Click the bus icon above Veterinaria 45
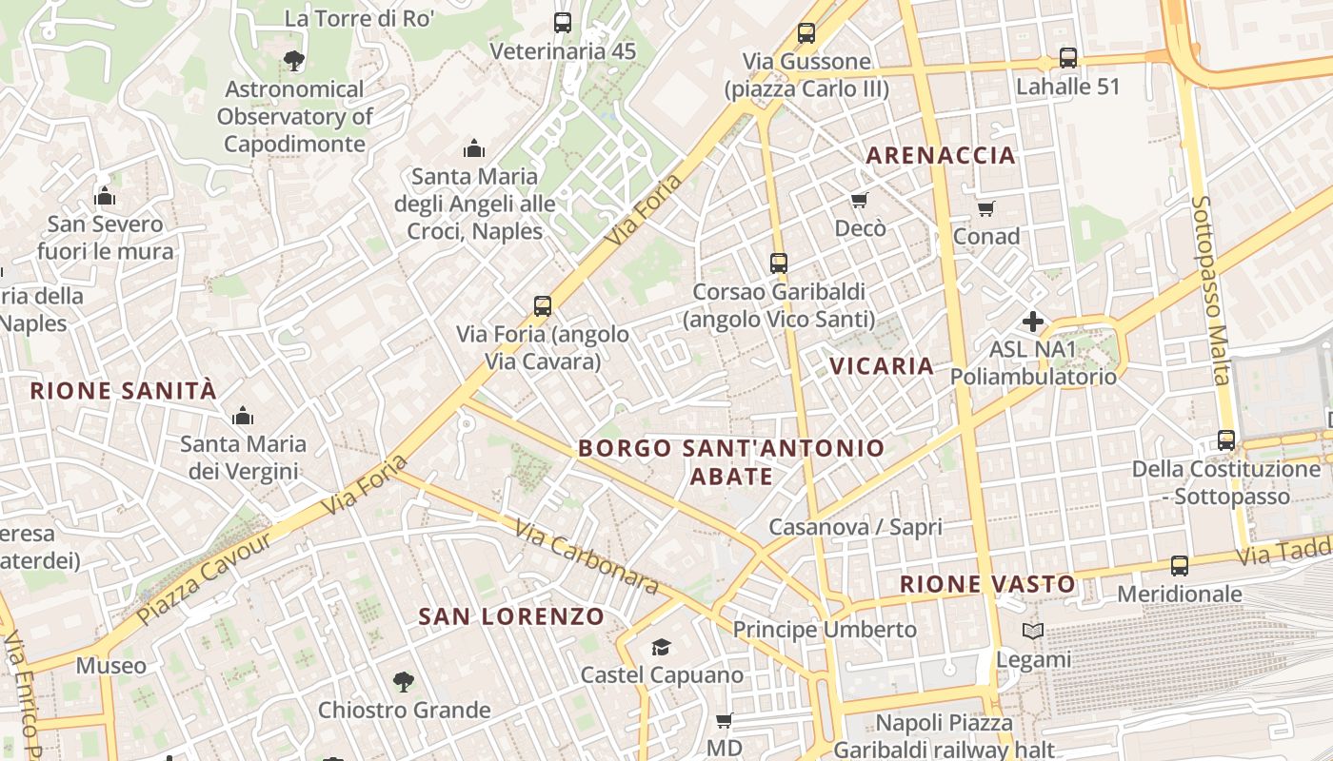[563, 23]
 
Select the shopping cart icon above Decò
[860, 201]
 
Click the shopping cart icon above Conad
[985, 208]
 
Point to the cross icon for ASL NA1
[1033, 322]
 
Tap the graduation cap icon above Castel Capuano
[660, 648]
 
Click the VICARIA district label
[882, 366]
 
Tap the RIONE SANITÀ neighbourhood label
[124, 391]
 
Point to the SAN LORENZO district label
[511, 616]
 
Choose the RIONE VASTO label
[987, 584]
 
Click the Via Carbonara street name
[587, 557]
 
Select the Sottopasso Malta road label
[1211, 290]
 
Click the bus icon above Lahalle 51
[1068, 58]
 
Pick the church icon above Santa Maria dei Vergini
[243, 416]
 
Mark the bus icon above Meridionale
[1180, 566]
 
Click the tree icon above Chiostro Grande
[404, 681]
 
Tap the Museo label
[111, 666]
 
